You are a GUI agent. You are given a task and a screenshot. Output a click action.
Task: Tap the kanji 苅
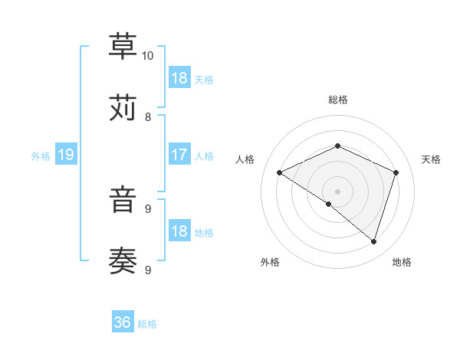(123, 107)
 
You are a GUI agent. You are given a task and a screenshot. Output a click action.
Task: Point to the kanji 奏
(123, 260)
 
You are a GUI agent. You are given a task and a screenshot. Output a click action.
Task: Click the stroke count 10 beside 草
(148, 56)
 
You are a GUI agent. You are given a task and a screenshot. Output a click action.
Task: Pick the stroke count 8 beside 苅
(148, 117)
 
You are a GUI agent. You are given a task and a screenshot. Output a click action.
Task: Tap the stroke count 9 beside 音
(148, 208)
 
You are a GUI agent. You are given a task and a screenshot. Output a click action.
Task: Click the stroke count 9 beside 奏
(148, 270)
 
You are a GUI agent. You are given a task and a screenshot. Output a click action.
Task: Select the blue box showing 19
(65, 155)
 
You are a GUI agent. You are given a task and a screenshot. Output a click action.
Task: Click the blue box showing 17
(179, 155)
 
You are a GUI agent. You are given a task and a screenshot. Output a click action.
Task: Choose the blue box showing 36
(123, 323)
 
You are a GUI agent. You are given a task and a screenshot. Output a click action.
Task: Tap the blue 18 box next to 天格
(179, 78)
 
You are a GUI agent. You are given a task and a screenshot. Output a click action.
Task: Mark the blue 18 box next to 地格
(179, 232)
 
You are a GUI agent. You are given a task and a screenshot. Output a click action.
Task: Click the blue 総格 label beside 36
(147, 324)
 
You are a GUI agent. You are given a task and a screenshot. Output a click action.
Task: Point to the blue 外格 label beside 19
(41, 156)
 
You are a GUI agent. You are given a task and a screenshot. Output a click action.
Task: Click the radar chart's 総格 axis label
(337, 100)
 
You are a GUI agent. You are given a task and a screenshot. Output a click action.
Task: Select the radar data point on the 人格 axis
(280, 173)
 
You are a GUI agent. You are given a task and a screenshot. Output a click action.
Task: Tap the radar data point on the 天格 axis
(396, 172)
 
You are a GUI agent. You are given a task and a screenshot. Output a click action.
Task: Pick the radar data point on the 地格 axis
(373, 241)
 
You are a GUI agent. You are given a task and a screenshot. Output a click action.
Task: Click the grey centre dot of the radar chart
(337, 191)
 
